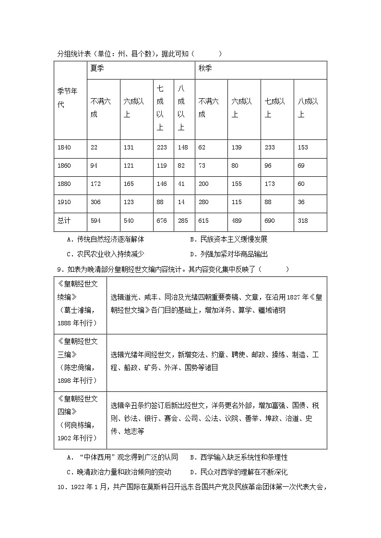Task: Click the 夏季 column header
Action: (x=97, y=69)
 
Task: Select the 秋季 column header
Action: (x=204, y=69)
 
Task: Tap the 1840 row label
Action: (x=64, y=148)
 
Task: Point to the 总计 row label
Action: (x=64, y=221)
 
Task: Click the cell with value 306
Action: (x=95, y=202)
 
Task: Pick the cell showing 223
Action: (x=162, y=148)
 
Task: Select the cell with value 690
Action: (x=270, y=221)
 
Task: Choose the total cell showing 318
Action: (x=303, y=221)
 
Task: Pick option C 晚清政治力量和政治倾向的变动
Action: (x=119, y=472)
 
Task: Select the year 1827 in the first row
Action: (x=297, y=298)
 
